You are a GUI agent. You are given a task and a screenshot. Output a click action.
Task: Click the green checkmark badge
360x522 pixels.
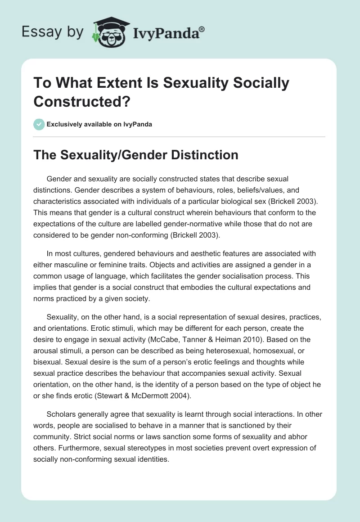pyautogui.click(x=39, y=124)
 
